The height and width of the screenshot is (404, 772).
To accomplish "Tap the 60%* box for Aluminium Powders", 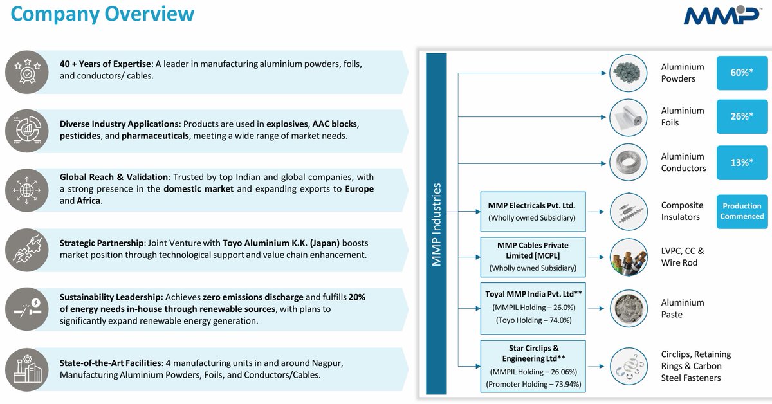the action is (742, 73).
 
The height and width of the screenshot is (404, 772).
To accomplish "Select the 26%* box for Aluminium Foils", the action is (742, 116).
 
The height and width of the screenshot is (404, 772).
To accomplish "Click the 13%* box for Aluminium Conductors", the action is (742, 162).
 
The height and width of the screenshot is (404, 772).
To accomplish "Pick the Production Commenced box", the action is (742, 211).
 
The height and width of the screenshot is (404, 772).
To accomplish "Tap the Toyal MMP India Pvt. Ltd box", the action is (532, 306).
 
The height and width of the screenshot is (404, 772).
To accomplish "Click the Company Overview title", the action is (102, 14).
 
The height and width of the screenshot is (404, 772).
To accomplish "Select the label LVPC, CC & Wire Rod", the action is (683, 257).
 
